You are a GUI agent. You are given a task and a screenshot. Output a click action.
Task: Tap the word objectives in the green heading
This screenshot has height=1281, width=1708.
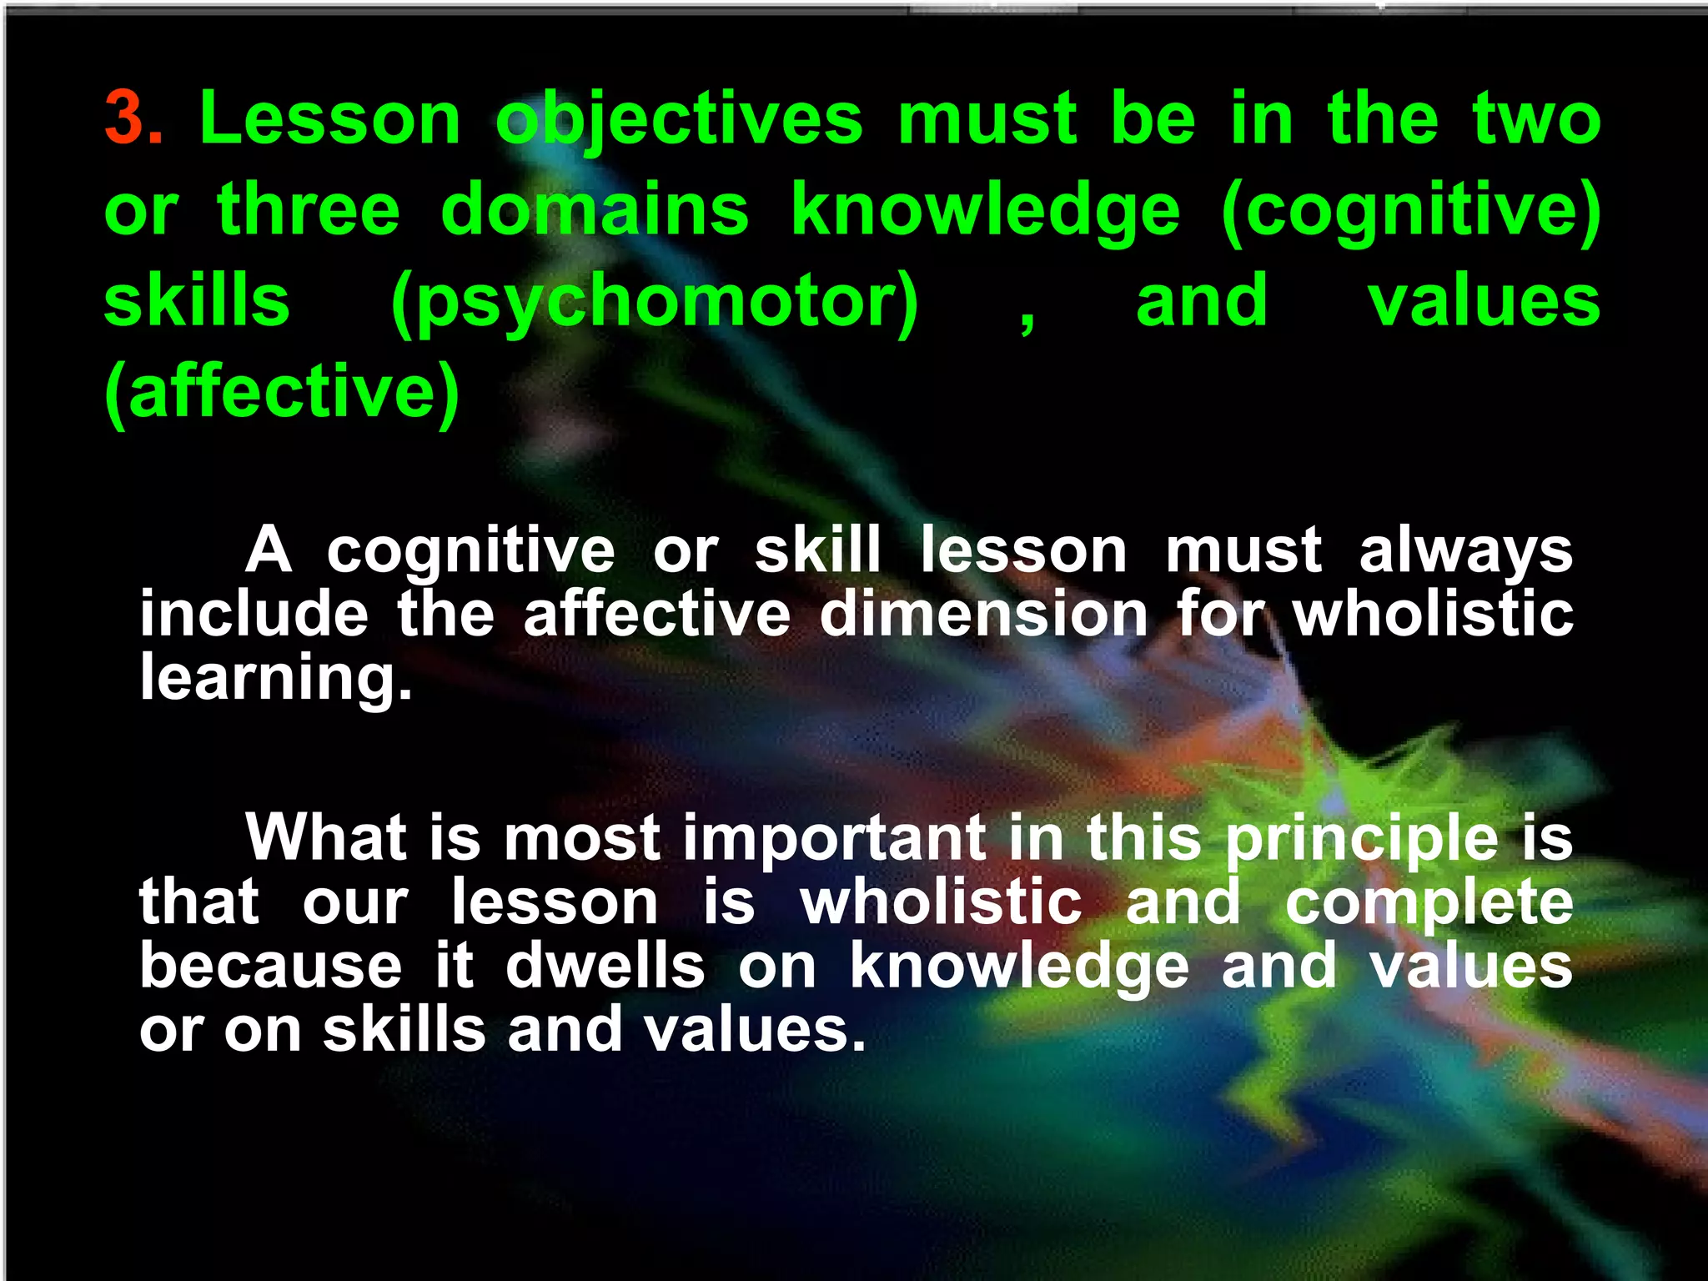point(679,119)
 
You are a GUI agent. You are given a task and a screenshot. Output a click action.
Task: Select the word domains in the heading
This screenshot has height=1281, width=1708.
point(595,209)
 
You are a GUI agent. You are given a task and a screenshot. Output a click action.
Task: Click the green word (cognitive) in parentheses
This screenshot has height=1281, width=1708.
point(1409,211)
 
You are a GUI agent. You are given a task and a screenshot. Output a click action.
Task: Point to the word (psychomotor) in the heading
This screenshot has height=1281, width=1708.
point(655,302)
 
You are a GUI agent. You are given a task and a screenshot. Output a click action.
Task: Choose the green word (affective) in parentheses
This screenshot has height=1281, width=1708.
point(282,393)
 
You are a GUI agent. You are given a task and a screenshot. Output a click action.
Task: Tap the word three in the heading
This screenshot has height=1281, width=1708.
point(309,209)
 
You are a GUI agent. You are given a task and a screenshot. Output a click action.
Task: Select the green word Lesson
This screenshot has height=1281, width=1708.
point(330,119)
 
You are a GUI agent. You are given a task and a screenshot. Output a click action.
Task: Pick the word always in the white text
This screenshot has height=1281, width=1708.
point(1465,552)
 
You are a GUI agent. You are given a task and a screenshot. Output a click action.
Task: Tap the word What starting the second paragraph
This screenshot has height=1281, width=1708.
point(326,837)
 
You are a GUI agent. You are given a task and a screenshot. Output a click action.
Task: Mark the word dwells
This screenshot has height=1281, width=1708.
point(605,967)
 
